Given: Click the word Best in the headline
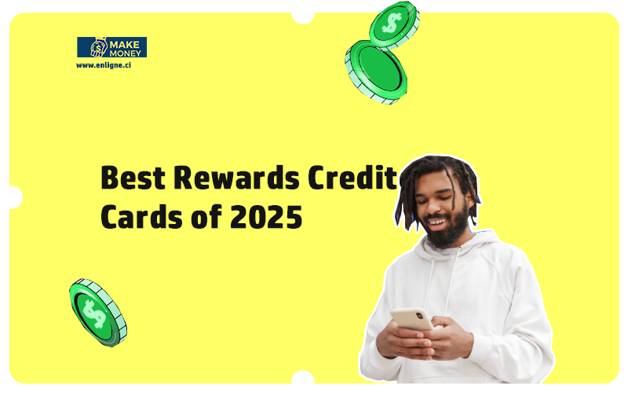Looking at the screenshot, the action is (x=133, y=178).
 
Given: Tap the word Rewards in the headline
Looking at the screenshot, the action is (x=237, y=178).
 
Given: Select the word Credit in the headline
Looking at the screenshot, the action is (x=352, y=177).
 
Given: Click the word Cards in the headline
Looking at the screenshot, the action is (x=142, y=217).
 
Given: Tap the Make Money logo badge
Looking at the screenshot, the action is (x=111, y=47).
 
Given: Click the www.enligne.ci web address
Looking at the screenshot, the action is (x=104, y=65).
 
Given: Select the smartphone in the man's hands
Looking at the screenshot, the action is (x=411, y=319).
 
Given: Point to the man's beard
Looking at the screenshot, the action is (x=447, y=229).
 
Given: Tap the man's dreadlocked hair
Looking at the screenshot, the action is (x=436, y=181).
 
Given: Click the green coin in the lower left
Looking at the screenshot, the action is (x=97, y=313).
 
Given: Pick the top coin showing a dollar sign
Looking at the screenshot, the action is (x=394, y=24).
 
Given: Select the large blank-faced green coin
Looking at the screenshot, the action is (x=376, y=72).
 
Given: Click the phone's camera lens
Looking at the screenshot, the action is (x=419, y=316).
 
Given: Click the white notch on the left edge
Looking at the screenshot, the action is (x=15, y=197).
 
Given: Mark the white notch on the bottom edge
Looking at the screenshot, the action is (x=303, y=377).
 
